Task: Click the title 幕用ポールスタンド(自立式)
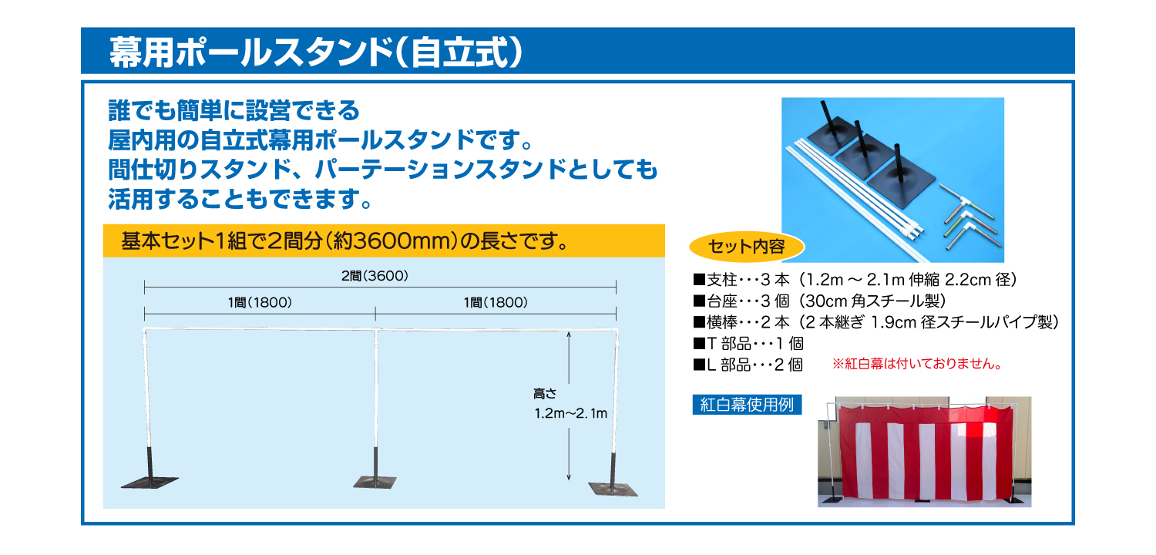[316, 52]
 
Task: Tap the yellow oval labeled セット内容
[747, 247]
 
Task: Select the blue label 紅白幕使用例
[747, 404]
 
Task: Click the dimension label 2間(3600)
[375, 276]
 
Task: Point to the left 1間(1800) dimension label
[260, 302]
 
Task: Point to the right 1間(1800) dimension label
[496, 302]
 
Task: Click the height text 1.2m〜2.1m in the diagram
[571, 413]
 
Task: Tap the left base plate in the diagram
[150, 482]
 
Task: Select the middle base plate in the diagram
[375, 483]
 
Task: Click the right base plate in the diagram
[613, 489]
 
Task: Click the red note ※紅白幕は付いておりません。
[917, 364]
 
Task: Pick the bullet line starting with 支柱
[855, 280]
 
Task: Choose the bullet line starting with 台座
[819, 301]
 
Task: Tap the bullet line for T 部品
[748, 343]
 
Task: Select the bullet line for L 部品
[748, 365]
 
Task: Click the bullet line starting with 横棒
[875, 322]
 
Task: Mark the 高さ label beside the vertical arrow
[545, 394]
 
